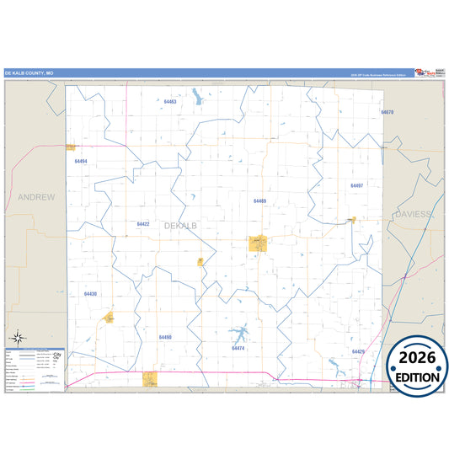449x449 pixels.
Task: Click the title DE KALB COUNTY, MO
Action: pos(29,73)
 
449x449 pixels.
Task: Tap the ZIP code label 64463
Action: pos(170,102)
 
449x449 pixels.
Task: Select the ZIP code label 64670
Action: pos(387,112)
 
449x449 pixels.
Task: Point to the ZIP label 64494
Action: pos(81,161)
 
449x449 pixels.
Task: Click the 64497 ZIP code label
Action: pos(357,185)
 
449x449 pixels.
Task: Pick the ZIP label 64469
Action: pos(259,201)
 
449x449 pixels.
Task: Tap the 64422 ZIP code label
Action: pos(143,224)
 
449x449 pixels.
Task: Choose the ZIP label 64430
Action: pos(91,294)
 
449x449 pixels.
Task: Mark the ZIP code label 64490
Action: pos(165,337)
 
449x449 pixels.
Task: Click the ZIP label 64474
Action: pos(238,348)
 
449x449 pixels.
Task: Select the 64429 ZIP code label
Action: pos(358,351)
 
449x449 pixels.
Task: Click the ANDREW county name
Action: pos(36,197)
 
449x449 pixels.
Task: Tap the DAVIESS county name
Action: pos(412,215)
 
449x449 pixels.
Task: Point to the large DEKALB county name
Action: pos(180,226)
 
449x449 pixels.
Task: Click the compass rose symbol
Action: pos(16,338)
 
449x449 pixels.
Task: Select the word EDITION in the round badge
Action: pos(418,377)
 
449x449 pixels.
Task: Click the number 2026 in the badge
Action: pos(418,357)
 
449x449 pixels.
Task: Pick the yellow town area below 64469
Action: pos(258,243)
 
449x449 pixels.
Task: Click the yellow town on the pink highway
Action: pos(150,379)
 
